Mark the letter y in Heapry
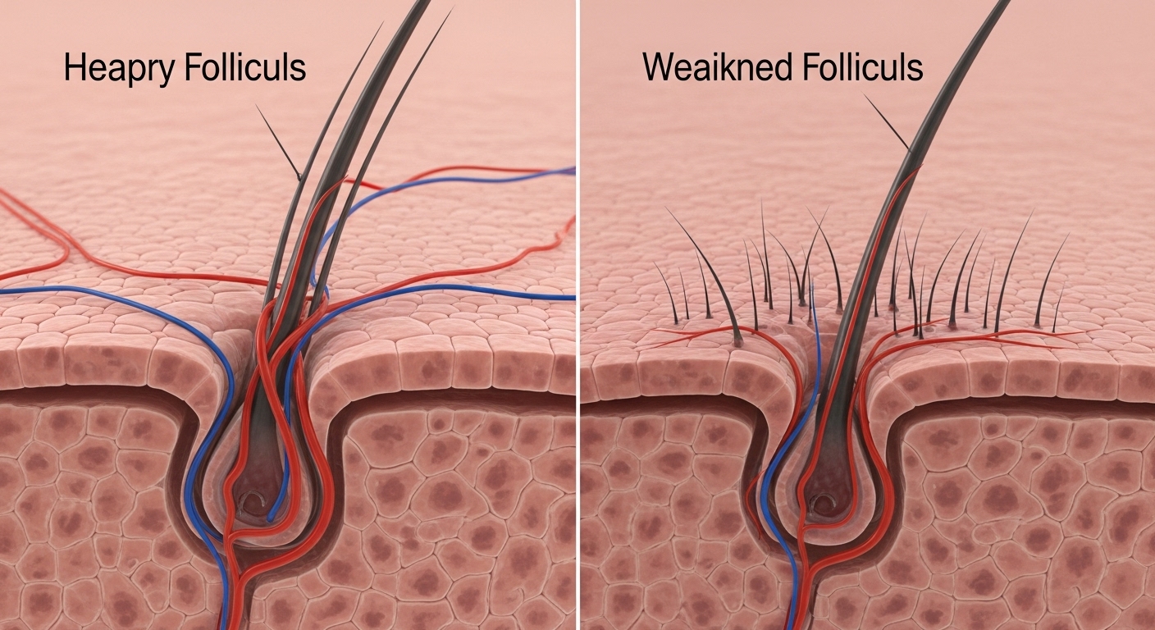click(167, 72)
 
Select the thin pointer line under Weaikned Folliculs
click(887, 123)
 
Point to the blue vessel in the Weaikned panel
click(771, 492)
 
